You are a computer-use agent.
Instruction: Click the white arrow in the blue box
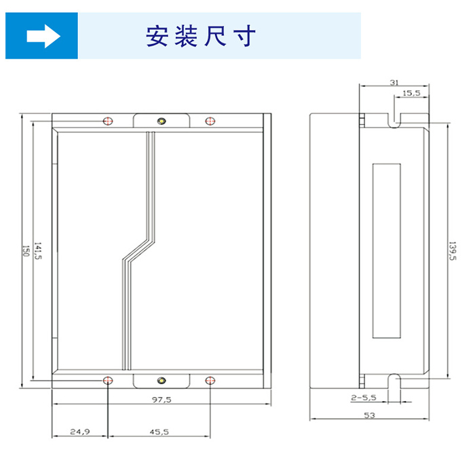[43, 37]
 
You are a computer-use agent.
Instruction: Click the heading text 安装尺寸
[201, 36]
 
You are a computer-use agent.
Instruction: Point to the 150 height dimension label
[26, 251]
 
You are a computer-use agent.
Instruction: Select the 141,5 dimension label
[38, 251]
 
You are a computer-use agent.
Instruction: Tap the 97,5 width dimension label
[161, 400]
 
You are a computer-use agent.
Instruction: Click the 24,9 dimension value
[80, 432]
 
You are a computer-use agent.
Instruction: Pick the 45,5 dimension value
[159, 432]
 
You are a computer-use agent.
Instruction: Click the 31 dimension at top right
[394, 82]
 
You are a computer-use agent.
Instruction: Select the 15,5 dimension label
[411, 93]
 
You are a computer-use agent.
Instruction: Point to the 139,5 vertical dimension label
[453, 251]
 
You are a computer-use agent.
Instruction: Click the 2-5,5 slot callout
[364, 398]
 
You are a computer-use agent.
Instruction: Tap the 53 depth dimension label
[369, 415]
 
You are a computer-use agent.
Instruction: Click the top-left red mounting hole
[108, 121]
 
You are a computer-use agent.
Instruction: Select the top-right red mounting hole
[210, 121]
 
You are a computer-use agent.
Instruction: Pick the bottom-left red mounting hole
[108, 381]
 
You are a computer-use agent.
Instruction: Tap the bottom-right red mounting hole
[210, 381]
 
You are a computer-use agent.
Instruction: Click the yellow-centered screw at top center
[161, 121]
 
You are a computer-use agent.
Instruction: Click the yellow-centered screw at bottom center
[161, 381]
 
